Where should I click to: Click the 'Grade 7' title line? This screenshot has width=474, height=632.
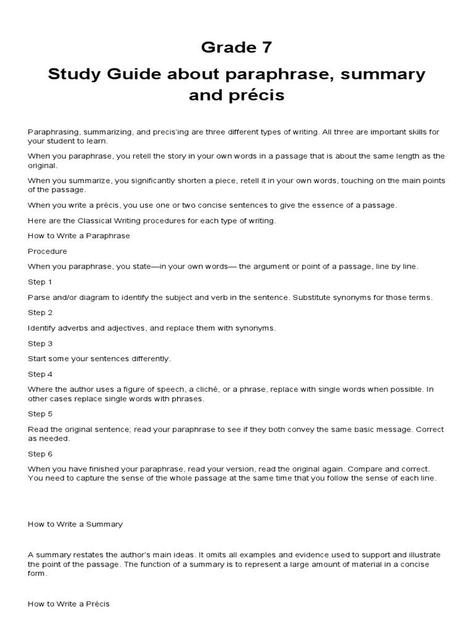pyautogui.click(x=236, y=48)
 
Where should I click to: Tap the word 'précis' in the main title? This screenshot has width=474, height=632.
pyautogui.click(x=257, y=96)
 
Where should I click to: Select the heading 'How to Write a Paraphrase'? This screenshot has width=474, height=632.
pyautogui.click(x=79, y=236)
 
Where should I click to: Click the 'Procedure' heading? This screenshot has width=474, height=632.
pyautogui.click(x=48, y=251)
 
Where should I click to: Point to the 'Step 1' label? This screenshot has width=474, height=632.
pyautogui.click(x=40, y=282)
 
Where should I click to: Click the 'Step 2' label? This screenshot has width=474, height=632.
pyautogui.click(x=40, y=313)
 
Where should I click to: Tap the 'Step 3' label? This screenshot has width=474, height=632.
pyautogui.click(x=40, y=343)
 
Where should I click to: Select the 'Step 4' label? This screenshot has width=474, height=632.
pyautogui.click(x=40, y=374)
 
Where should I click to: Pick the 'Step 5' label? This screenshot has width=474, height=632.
pyautogui.click(x=40, y=414)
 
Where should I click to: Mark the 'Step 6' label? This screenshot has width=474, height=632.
pyautogui.click(x=40, y=454)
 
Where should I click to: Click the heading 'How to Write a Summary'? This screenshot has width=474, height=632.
pyautogui.click(x=75, y=524)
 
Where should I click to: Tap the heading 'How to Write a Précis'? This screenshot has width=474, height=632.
pyautogui.click(x=69, y=604)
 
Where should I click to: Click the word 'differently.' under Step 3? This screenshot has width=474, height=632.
pyautogui.click(x=149, y=359)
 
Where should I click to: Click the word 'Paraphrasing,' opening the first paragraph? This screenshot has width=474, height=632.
pyautogui.click(x=54, y=132)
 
